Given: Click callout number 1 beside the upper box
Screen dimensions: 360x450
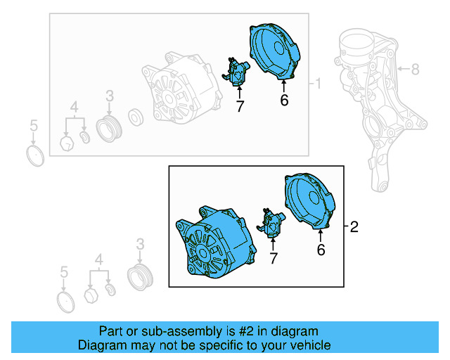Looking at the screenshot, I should (x=318, y=84).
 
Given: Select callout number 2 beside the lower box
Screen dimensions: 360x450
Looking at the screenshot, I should (x=354, y=226).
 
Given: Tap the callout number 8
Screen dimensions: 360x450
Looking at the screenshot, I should (x=415, y=69).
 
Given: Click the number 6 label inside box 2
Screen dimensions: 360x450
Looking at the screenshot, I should (x=321, y=249).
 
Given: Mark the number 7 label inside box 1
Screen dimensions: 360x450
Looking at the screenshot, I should (x=239, y=107).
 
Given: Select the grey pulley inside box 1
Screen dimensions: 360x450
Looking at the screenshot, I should (x=110, y=130).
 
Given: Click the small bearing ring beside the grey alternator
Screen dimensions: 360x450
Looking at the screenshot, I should (x=136, y=115).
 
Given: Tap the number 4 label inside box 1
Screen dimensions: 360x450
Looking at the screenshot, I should (x=73, y=107).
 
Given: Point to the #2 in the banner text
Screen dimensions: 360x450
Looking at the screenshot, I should (x=233, y=331).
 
